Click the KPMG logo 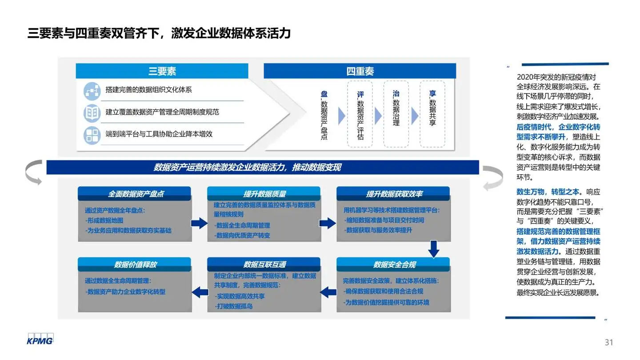(x=40, y=339)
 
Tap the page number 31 (x=608, y=342)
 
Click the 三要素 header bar (x=162, y=71)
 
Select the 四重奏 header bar (x=360, y=71)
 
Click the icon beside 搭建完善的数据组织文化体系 (x=92, y=91)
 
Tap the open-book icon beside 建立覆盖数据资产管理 (x=92, y=113)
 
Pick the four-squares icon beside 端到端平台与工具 (x=92, y=135)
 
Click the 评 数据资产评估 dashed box (x=360, y=114)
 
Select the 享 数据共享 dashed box (x=432, y=114)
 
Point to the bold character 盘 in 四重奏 (x=324, y=94)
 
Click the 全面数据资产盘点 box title (x=135, y=194)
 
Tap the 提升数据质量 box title (x=264, y=194)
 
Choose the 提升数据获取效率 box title (x=393, y=194)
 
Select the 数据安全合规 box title (x=393, y=264)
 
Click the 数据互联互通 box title (x=264, y=264)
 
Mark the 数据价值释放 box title (x=135, y=264)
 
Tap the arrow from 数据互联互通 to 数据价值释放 (x=200, y=292)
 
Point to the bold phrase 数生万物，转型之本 (x=548, y=192)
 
